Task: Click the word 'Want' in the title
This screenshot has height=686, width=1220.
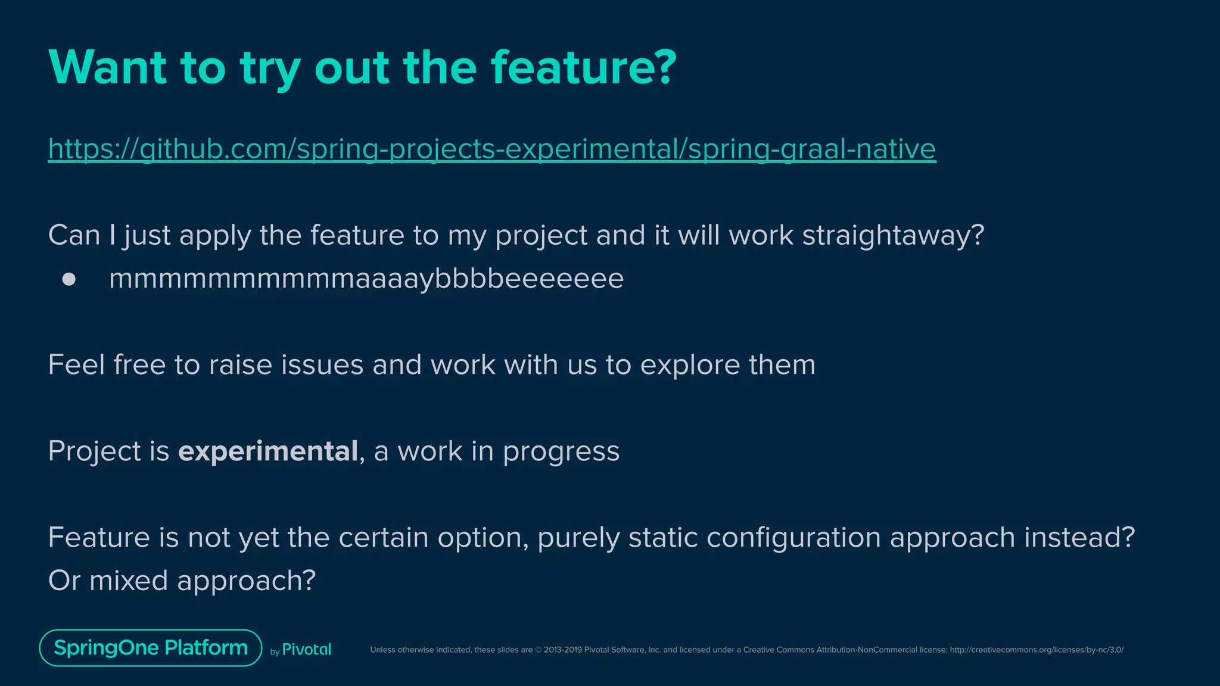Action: click(107, 67)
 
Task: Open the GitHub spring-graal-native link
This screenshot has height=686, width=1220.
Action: click(491, 148)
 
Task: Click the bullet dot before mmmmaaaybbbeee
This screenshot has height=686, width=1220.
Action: click(69, 279)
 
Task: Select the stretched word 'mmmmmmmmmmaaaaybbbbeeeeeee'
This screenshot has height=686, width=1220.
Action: click(366, 279)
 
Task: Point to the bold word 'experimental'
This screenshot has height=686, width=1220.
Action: click(268, 451)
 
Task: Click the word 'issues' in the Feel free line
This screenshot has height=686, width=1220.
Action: click(322, 364)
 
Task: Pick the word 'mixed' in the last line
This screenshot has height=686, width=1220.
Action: click(128, 581)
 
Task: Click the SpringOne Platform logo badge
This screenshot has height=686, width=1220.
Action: click(151, 648)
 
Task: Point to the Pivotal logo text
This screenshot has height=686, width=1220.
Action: click(306, 650)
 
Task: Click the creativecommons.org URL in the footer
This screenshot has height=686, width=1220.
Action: click(1037, 650)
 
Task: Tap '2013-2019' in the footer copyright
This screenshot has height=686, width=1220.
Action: click(562, 650)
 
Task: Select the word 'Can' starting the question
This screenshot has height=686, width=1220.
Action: click(74, 236)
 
